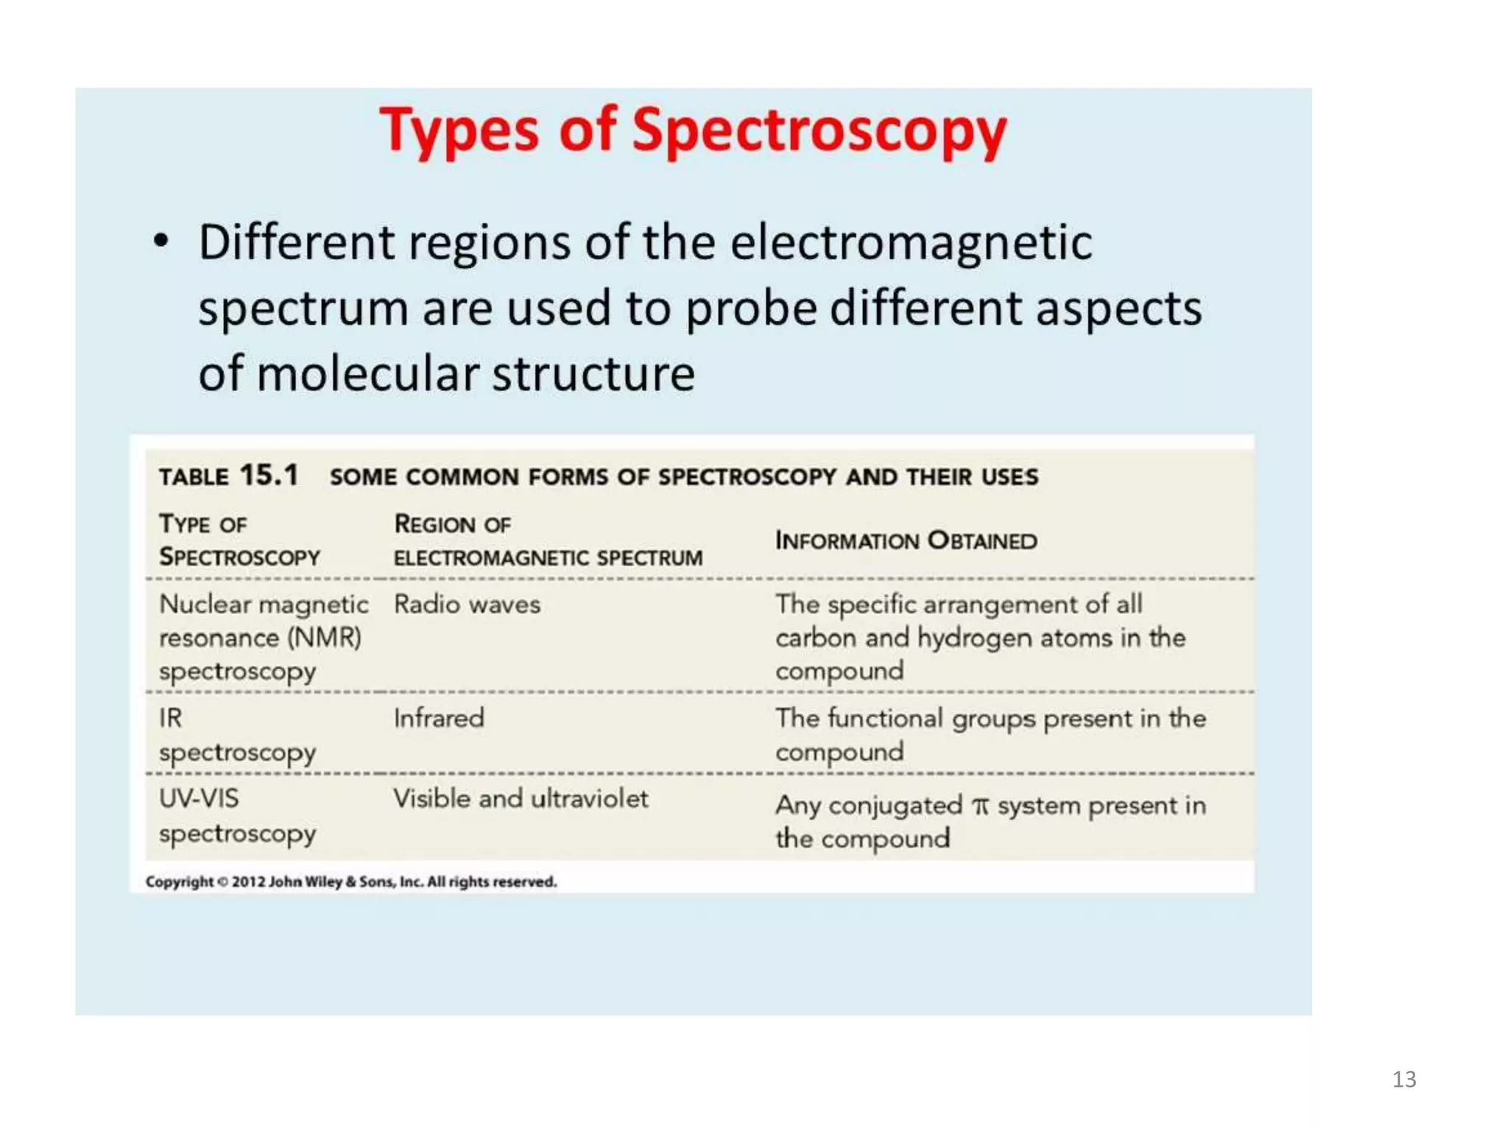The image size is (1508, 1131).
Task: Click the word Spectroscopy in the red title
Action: point(819,131)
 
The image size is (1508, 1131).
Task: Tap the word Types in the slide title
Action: point(459,131)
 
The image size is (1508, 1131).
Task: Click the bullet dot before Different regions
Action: point(161,242)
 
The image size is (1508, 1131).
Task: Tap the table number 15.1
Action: point(269,475)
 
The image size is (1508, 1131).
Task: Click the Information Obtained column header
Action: point(906,540)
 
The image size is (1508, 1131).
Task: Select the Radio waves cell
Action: point(467,605)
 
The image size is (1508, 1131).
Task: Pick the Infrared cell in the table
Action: point(439,718)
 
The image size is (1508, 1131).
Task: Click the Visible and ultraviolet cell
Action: point(521,799)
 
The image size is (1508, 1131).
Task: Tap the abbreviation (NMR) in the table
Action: point(324,638)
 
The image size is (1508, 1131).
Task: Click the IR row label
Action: point(170,718)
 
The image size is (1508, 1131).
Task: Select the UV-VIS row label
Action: point(199,799)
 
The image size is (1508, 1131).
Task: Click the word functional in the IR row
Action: point(884,718)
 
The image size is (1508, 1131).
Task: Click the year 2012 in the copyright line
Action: point(248,881)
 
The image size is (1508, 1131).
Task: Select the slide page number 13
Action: point(1404,1079)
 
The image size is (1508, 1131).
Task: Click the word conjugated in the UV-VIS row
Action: point(895,806)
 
